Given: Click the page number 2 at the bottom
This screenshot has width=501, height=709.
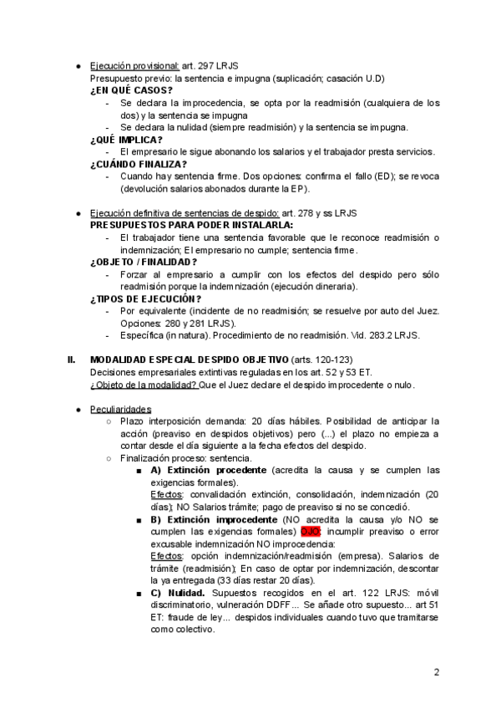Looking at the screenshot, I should pos(437,671).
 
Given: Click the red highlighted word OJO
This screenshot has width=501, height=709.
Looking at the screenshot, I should pos(310,531).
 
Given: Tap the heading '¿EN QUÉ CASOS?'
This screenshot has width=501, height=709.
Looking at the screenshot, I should pos(131,90).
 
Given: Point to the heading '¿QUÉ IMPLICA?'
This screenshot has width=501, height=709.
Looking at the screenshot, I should pos(127,140).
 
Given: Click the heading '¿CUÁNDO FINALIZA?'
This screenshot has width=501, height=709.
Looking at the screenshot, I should pos(139,165).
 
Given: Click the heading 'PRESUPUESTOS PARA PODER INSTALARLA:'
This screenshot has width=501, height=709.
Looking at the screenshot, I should pos(191,226).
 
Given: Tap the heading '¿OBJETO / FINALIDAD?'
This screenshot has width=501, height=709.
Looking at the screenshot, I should pos(144,262).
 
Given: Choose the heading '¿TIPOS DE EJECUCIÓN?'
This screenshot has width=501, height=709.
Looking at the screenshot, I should pos(145,298).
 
